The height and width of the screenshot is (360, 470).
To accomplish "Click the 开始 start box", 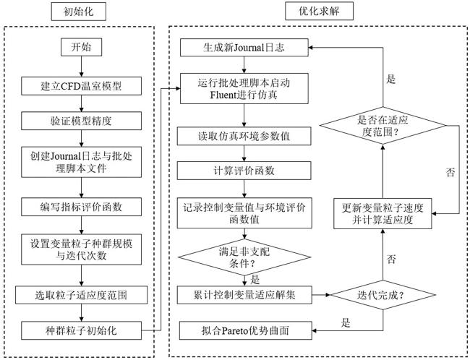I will tap(81, 48).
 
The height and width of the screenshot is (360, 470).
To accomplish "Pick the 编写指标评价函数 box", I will tap(81, 206).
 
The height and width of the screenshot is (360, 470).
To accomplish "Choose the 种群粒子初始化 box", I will tap(81, 328).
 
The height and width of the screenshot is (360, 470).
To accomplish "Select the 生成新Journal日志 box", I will tap(244, 48).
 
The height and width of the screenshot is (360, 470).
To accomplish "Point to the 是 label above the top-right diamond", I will tap(391, 79).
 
